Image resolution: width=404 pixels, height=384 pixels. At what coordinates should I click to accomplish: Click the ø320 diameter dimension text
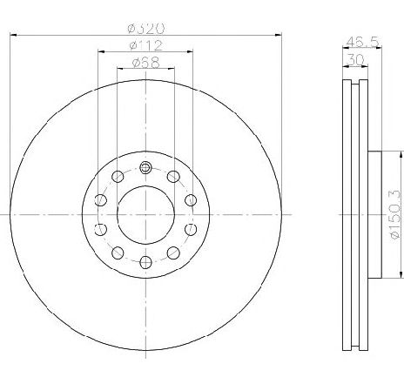tap(145, 28)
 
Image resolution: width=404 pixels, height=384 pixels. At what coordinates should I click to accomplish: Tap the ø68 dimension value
tap(145, 62)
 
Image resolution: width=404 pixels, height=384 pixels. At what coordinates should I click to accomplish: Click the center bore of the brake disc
tap(145, 214)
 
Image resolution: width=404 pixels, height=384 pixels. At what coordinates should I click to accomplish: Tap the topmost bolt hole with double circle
tap(145, 167)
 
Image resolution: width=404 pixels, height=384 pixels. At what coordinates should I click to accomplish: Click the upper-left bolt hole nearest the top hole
tap(118, 177)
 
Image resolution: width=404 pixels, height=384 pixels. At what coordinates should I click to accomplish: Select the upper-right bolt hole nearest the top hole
tap(172, 177)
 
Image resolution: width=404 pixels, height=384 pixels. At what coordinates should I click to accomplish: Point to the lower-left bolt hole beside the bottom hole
tap(118, 253)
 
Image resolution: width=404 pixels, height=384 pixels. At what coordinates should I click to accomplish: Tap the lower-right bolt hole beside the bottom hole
tap(172, 253)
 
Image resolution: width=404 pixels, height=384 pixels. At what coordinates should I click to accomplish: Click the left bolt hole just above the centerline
tap(100, 200)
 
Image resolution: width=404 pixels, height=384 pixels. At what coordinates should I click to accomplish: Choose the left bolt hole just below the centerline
tap(100, 229)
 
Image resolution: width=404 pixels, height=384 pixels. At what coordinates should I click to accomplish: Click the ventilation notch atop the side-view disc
tap(353, 84)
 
